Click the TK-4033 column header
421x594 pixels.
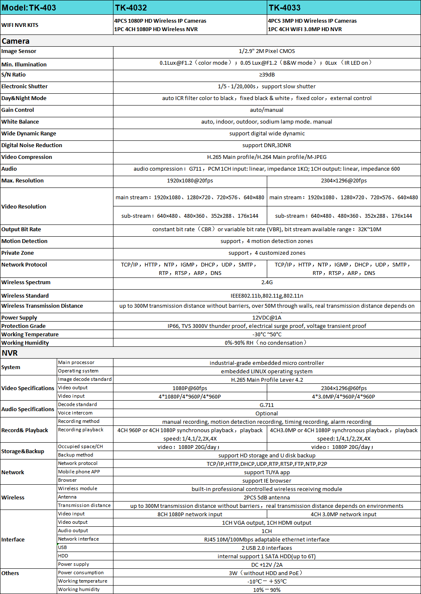pyautogui.click(x=285, y=8)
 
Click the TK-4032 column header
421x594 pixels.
pyautogui.click(x=131, y=8)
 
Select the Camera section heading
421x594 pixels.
pyautogui.click(x=16, y=41)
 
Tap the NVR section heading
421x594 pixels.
pyautogui.click(x=10, y=353)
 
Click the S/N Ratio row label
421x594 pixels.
pyautogui.click(x=13, y=74)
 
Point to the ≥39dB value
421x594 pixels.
pyautogui.click(x=267, y=74)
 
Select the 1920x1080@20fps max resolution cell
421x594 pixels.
pyautogui.click(x=190, y=180)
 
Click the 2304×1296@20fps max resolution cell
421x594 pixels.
pyautogui.click(x=344, y=180)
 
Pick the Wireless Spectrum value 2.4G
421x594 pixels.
pyautogui.click(x=267, y=282)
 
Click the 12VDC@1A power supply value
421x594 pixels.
pyautogui.click(x=267, y=317)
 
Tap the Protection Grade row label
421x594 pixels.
pyautogui.click(x=24, y=326)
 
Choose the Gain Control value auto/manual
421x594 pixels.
pyautogui.click(x=267, y=110)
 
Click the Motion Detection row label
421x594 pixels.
pyautogui.click(x=24, y=241)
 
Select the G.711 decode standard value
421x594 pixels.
pyautogui.click(x=267, y=405)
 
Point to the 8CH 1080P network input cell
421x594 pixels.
pyautogui.click(x=190, y=514)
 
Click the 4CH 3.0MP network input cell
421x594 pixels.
pyautogui.click(x=344, y=514)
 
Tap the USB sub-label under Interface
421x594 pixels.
pyautogui.click(x=63, y=547)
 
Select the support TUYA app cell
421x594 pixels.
pyautogui.click(x=267, y=472)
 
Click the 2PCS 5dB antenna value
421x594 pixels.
pyautogui.click(x=267, y=497)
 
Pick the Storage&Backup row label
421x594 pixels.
pyautogui.click(x=23, y=451)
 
